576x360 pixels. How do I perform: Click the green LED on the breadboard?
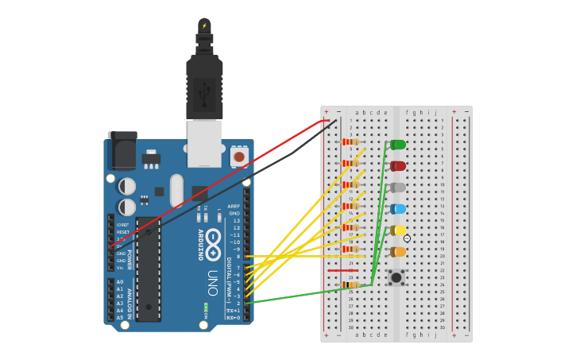pos(397,145)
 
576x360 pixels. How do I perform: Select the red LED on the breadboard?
pos(397,166)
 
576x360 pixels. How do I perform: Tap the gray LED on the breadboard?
pos(397,188)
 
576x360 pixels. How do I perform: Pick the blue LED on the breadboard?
pos(397,209)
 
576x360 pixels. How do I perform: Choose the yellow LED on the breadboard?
pos(397,230)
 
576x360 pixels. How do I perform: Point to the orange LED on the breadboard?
pos(397,252)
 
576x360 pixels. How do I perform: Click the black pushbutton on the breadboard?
pos(395,277)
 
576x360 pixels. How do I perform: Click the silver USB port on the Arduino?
pos(204,143)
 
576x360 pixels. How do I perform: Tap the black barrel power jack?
pos(122,151)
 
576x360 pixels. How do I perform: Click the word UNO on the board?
pos(212,283)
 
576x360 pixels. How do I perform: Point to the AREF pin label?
pos(234,206)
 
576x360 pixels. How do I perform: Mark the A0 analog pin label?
pos(120,282)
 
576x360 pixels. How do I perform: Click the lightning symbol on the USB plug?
pos(204,25)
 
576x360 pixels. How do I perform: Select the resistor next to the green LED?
pos(350,142)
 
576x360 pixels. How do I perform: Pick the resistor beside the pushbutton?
pos(350,285)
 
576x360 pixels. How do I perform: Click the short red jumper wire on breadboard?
pos(338,270)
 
